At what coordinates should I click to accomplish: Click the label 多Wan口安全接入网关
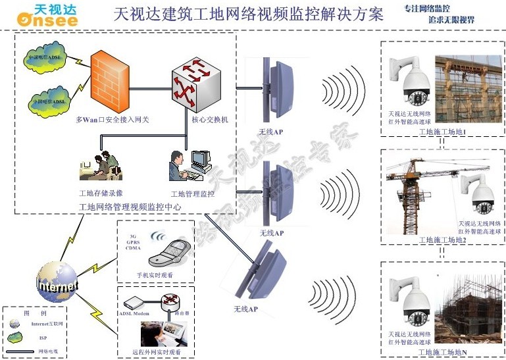[x=108, y=120]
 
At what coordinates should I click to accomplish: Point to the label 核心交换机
[x=209, y=120]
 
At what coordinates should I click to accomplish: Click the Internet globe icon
[x=57, y=282]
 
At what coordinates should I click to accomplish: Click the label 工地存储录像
[x=101, y=193]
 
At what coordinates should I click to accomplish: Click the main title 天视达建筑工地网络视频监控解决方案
[x=249, y=14]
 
